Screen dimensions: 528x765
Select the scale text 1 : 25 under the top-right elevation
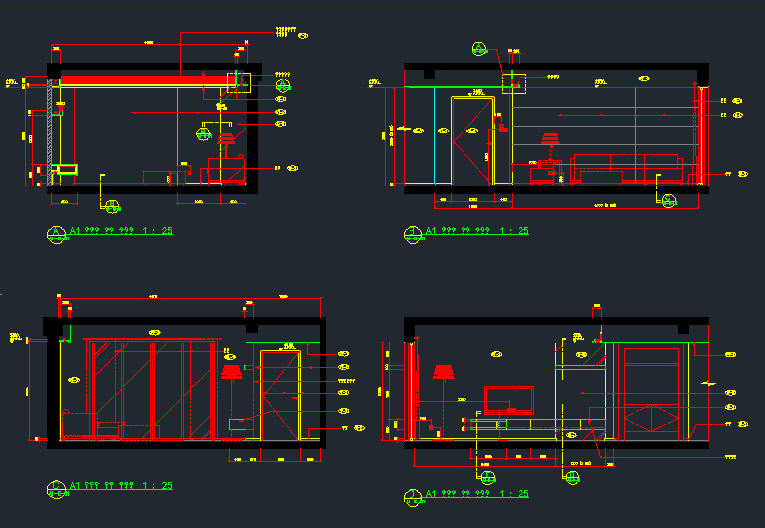click(514, 231)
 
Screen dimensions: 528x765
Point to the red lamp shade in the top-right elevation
click(549, 139)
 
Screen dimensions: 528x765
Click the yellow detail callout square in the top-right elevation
click(515, 83)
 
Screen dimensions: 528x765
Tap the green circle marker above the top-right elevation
click(478, 48)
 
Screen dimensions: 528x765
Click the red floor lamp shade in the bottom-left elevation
click(232, 371)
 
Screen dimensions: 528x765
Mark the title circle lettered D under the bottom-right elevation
click(412, 495)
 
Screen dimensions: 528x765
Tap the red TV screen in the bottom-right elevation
click(508, 397)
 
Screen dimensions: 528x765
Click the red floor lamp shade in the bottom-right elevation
click(443, 371)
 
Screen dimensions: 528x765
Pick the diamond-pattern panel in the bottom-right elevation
click(649, 417)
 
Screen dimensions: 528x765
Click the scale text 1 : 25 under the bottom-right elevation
click(514, 493)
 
